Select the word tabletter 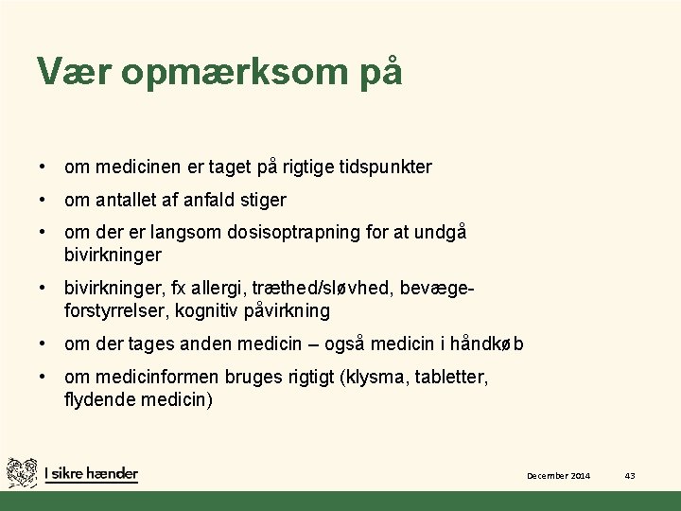tap(451, 378)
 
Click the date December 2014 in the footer tap(558, 475)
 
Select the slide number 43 tap(630, 475)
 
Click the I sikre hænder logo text tap(92, 473)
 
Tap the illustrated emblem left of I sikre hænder tap(22, 472)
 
